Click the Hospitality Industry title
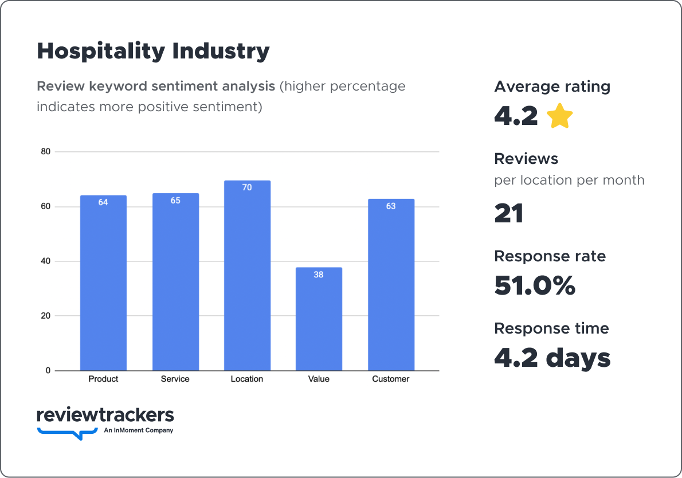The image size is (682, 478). [153, 52]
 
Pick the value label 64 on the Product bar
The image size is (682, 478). [103, 202]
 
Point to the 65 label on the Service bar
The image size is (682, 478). [175, 201]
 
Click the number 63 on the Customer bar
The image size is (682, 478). [391, 206]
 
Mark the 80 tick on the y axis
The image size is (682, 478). [45, 152]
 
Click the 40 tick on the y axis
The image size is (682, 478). [45, 261]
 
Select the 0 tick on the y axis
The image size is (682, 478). [48, 371]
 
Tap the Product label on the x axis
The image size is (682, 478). [103, 379]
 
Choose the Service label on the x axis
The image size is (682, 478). [175, 379]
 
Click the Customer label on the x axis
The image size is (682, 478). [391, 379]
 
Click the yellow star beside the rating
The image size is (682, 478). [559, 116]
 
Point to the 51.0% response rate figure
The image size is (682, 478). [534, 285]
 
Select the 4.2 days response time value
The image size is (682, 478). [552, 358]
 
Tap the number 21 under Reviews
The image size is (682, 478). [509, 213]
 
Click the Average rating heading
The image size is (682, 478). [552, 87]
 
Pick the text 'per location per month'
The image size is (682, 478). [569, 180]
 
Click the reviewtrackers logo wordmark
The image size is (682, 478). [105, 415]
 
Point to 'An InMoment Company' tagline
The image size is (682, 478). [138, 430]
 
